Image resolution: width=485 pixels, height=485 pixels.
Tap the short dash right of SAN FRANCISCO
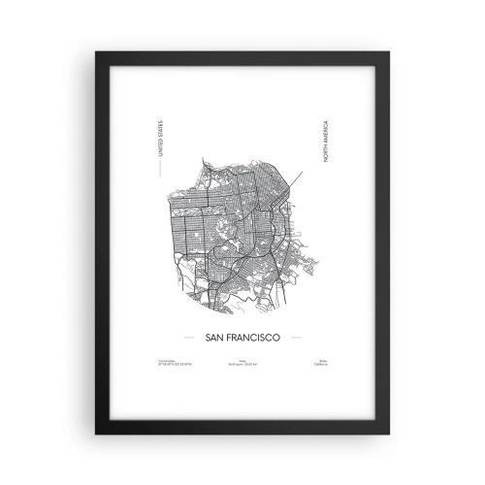pyautogui.click(x=297, y=339)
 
